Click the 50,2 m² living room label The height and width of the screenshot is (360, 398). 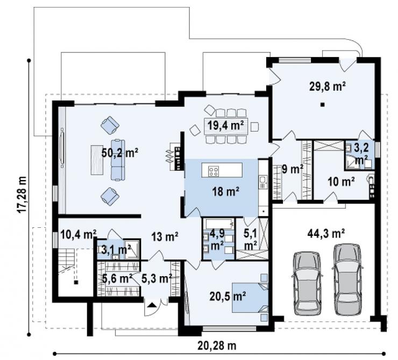point(120,153)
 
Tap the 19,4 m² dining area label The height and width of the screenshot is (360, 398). point(226,125)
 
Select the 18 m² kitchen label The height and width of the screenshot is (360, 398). point(226,191)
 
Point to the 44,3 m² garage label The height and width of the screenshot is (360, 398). point(326,233)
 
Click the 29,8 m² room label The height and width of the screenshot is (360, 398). point(328,87)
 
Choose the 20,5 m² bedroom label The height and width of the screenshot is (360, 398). point(228,296)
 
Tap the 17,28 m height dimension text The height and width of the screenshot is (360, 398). point(23,195)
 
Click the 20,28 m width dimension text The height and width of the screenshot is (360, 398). point(217,345)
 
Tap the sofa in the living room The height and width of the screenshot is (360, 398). point(118,160)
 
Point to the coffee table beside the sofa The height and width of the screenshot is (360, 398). point(97,160)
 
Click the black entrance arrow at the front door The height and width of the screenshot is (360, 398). point(152,305)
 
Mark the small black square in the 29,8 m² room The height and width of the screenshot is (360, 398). point(322,104)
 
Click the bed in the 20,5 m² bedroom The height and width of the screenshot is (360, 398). point(250,298)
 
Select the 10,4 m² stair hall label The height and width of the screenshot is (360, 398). point(79,234)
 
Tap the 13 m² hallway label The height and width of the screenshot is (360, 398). point(165,236)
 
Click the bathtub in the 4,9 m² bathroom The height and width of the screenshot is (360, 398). point(220,224)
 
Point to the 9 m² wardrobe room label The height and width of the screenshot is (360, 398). point(293,169)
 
